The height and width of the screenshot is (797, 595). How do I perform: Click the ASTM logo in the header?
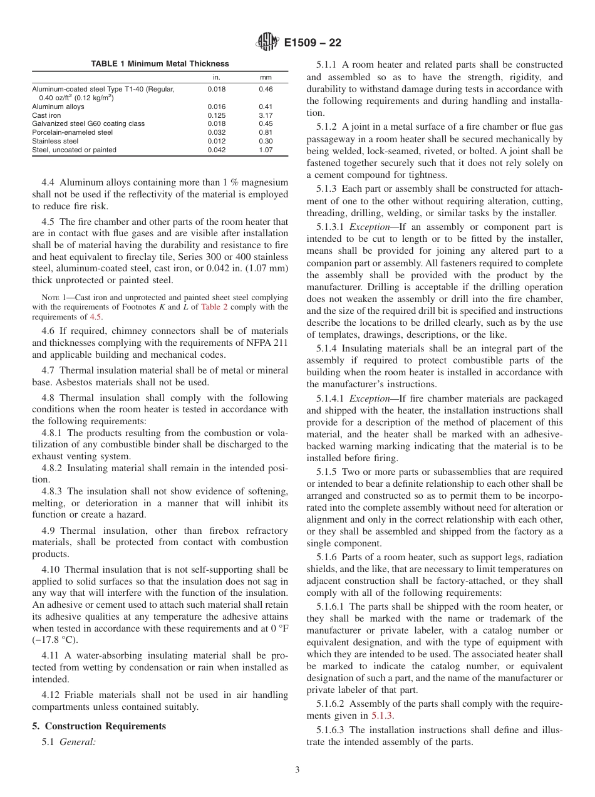point(267,43)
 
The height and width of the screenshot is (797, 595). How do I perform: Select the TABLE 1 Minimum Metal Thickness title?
point(160,64)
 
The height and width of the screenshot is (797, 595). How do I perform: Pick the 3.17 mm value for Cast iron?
point(266,115)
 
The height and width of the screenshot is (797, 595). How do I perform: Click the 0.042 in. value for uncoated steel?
point(217,150)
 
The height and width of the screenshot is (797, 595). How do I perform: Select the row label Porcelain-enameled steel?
point(72,133)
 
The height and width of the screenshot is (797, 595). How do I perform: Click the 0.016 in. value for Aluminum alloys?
point(217,107)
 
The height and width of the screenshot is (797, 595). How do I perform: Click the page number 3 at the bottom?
point(297,770)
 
